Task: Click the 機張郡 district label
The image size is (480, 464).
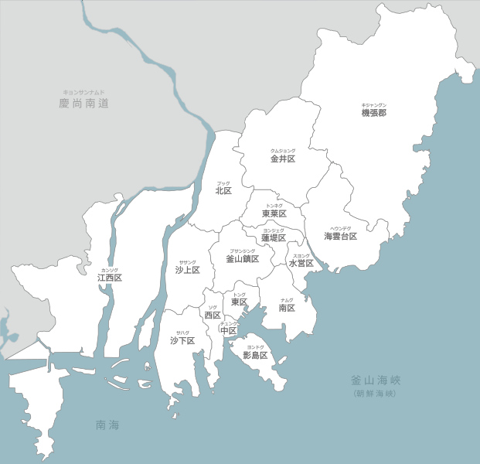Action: tap(373, 113)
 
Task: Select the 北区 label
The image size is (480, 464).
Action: tap(223, 190)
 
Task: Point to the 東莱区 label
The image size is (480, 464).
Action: tap(274, 213)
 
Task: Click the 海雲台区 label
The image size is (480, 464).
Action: tap(340, 236)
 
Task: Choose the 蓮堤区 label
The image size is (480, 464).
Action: tap(274, 238)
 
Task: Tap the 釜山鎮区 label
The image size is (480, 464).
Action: tap(242, 259)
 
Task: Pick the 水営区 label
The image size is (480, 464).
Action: tap(301, 263)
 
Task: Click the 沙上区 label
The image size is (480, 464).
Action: tap(187, 270)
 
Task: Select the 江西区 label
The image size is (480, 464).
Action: tap(110, 277)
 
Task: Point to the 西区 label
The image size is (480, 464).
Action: tap(213, 316)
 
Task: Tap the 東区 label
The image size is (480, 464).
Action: tap(240, 302)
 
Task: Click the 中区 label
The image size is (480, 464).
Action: tap(228, 331)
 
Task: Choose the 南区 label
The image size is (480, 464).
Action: tap(287, 308)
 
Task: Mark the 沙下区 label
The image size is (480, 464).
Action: tap(182, 340)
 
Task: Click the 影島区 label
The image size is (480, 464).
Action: tap(255, 356)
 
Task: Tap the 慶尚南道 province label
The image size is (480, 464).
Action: tap(83, 103)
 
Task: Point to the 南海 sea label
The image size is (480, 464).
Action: tap(107, 425)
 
